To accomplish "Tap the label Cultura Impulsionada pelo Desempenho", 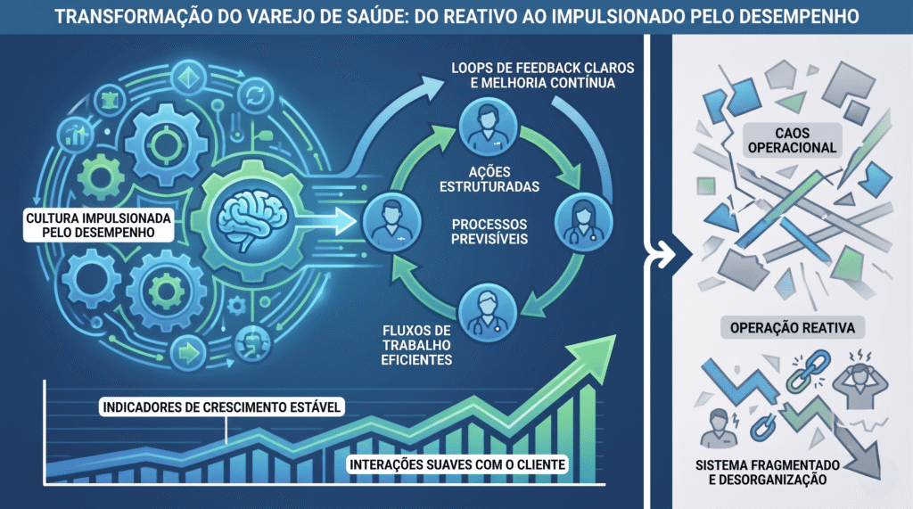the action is [x=98, y=226].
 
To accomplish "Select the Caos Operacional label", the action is [x=792, y=140].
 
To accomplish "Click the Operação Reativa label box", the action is [x=793, y=328].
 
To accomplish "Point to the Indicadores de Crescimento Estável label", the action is [x=221, y=406].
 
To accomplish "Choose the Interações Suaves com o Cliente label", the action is [x=457, y=464].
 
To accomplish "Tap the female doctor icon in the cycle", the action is [x=583, y=222].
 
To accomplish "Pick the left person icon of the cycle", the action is [x=391, y=222].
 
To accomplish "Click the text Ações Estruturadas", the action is [x=489, y=179].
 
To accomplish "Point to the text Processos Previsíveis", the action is [x=489, y=231].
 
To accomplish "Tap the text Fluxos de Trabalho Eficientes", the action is [x=416, y=345].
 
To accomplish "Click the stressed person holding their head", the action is [x=860, y=379].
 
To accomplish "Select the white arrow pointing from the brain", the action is [x=326, y=222].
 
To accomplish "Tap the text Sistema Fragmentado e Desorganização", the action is [x=768, y=472].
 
